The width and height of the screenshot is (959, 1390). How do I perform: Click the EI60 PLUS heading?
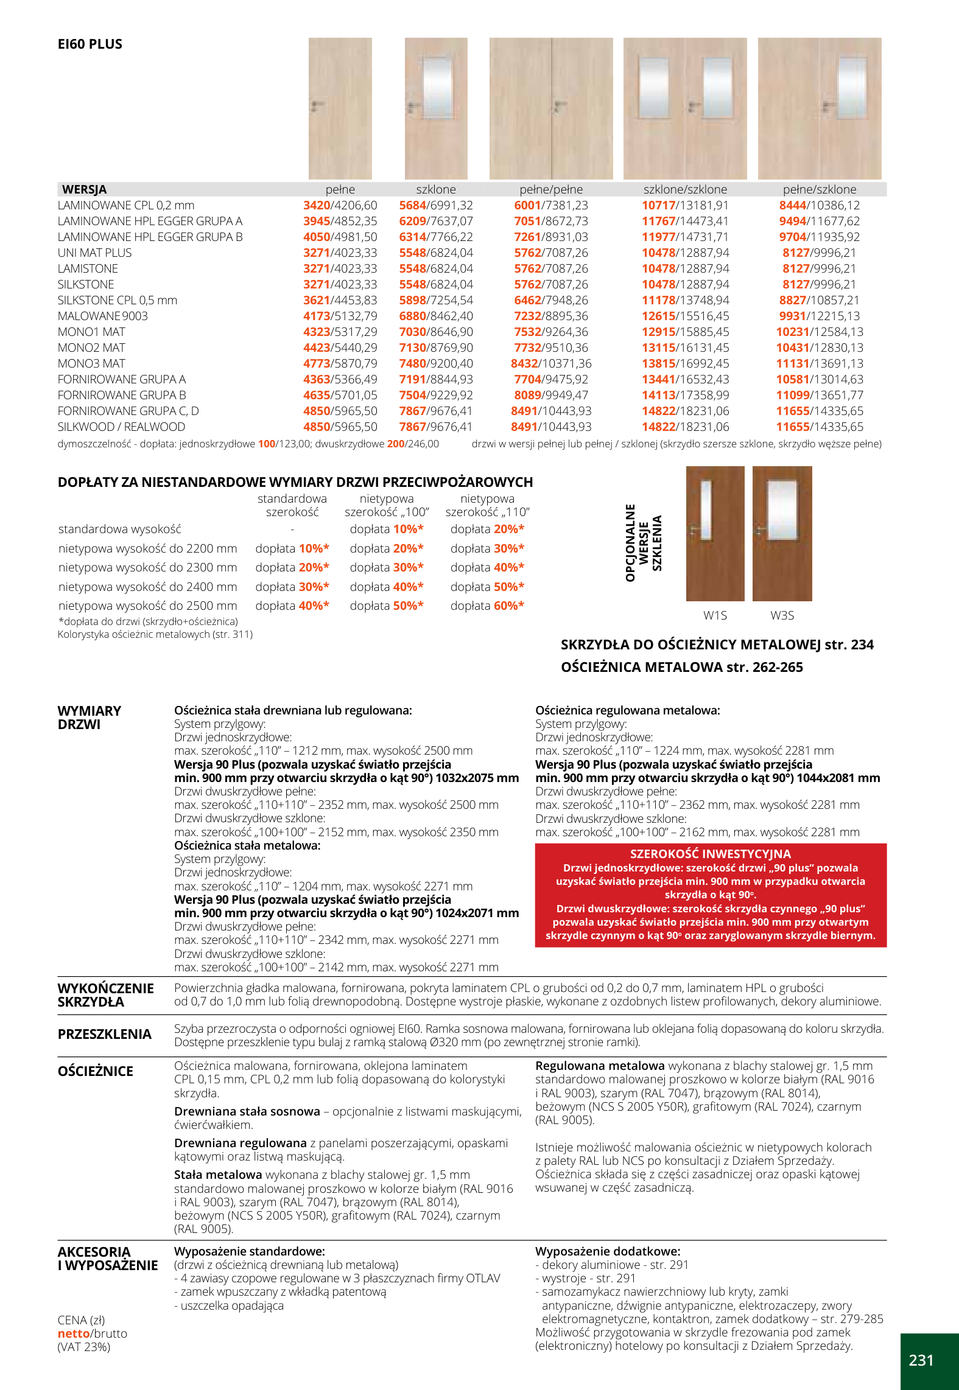click(x=90, y=44)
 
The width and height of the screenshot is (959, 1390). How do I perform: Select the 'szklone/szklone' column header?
click(x=685, y=189)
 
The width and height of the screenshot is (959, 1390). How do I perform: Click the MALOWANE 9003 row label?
click(x=102, y=316)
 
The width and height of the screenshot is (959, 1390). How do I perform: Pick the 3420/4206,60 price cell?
click(x=340, y=206)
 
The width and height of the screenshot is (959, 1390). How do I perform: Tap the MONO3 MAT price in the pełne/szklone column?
click(x=819, y=363)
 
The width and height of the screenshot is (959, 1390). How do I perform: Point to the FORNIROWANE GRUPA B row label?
click(x=122, y=395)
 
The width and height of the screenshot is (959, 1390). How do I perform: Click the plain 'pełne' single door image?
click(x=340, y=108)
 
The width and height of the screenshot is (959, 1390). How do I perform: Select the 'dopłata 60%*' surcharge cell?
click(x=487, y=606)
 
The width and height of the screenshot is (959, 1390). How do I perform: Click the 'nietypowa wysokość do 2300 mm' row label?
click(x=147, y=567)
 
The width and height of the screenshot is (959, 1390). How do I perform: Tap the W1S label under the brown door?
click(x=715, y=615)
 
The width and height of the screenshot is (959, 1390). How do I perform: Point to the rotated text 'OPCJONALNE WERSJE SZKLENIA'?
click(x=643, y=542)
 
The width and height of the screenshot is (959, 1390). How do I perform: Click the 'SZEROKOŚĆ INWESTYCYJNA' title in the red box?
click(x=710, y=854)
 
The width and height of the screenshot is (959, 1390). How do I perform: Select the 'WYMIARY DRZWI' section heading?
click(x=89, y=718)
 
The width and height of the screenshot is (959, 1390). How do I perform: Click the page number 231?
click(x=921, y=1360)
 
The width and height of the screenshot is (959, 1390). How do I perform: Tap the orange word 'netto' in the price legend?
click(x=73, y=1333)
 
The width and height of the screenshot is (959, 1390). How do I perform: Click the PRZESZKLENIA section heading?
click(x=104, y=1034)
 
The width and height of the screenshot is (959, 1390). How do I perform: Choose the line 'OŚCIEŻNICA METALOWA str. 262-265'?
click(x=681, y=667)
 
